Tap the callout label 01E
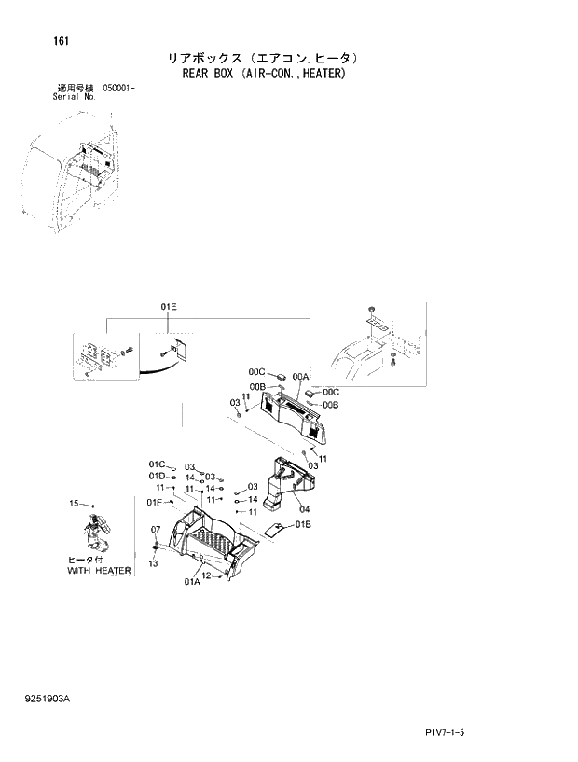168,306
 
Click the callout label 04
304,509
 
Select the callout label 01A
192,582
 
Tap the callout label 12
208,576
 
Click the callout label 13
153,563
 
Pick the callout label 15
75,504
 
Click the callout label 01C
156,464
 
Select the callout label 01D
156,477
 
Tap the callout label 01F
155,502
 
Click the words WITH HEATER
100,570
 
